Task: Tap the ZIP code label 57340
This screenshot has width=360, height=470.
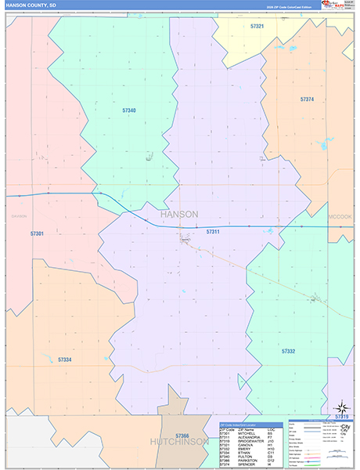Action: [129, 110]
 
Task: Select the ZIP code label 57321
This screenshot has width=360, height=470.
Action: [257, 27]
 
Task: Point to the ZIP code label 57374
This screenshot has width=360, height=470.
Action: [307, 99]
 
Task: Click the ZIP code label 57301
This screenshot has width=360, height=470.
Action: [37, 233]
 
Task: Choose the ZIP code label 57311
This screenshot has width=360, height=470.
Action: [213, 232]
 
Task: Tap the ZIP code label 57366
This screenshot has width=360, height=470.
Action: [182, 436]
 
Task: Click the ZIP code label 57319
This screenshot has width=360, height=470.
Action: [342, 417]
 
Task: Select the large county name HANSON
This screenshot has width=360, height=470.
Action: [178, 214]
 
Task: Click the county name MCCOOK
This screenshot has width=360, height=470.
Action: [340, 216]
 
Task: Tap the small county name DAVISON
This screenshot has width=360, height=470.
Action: [19, 216]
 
